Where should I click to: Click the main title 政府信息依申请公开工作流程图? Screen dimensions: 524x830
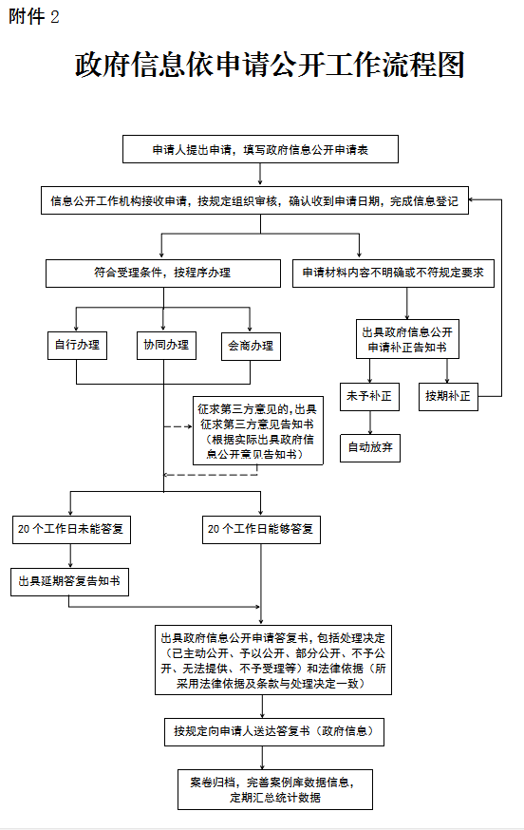click(x=270, y=65)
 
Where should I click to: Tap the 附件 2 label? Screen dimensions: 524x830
click(x=33, y=17)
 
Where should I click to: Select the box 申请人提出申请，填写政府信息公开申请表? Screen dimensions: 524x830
click(x=260, y=149)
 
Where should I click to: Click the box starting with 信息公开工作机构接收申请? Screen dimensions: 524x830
click(x=254, y=200)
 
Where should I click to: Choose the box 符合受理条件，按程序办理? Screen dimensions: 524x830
click(x=163, y=274)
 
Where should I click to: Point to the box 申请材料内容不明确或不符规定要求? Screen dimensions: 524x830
click(x=393, y=274)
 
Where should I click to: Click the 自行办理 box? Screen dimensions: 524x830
click(x=77, y=345)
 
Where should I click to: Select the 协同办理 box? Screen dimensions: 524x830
click(x=166, y=345)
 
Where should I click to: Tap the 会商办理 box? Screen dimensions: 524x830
click(x=251, y=347)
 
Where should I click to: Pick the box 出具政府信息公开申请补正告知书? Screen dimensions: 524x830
click(x=407, y=339)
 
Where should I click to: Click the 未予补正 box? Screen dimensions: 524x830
click(x=369, y=396)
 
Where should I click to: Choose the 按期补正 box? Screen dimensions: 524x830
click(x=448, y=396)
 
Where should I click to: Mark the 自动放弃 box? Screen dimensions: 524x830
click(x=370, y=448)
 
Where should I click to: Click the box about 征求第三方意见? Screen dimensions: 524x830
click(x=258, y=431)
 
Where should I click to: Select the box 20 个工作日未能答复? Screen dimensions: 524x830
click(x=71, y=529)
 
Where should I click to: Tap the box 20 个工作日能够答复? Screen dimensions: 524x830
click(x=261, y=529)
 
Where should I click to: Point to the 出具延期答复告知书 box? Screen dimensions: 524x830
click(x=70, y=582)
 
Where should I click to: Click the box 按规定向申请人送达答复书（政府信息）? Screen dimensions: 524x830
click(x=274, y=732)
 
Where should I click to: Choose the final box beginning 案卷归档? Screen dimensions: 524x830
click(x=275, y=790)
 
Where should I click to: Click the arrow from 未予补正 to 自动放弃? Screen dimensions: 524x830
click(x=370, y=423)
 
